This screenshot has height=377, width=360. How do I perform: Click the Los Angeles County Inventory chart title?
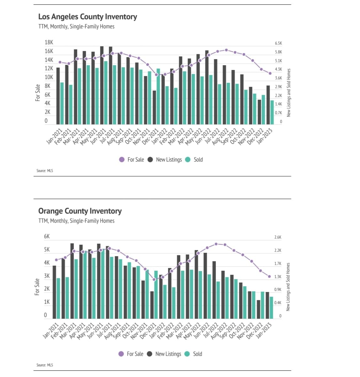(x=87, y=17)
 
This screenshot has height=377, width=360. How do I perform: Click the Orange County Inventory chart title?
(x=80, y=211)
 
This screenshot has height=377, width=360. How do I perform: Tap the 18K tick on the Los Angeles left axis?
(x=49, y=42)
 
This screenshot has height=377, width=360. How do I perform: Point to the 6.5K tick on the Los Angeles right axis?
(x=278, y=43)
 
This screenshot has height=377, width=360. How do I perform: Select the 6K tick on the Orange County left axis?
(x=47, y=236)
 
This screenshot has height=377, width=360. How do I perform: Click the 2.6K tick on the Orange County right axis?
(x=278, y=237)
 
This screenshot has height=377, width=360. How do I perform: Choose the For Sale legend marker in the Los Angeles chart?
(x=122, y=160)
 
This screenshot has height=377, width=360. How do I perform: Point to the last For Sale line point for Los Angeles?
(x=270, y=73)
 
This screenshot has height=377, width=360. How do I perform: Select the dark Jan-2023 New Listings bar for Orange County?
(x=267, y=305)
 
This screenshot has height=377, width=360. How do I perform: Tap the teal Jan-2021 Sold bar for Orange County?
(x=58, y=298)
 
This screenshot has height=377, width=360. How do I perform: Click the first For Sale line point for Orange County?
(x=56, y=260)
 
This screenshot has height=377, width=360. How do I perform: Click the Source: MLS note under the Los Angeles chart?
(x=45, y=171)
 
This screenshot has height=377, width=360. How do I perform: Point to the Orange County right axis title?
(x=288, y=287)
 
